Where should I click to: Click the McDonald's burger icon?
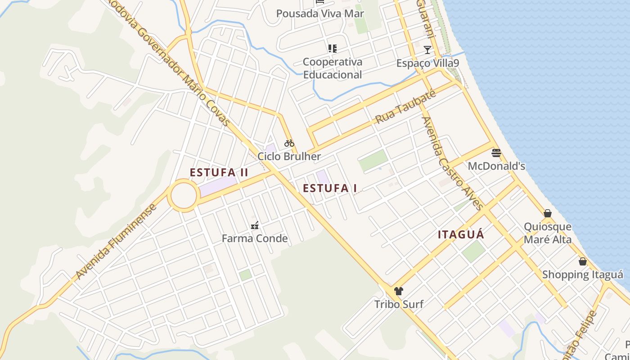pos(496,153)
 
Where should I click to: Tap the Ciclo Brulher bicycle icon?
pos(289,144)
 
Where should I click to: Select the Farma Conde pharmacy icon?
pos(255,225)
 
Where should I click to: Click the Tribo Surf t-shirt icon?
pos(398,291)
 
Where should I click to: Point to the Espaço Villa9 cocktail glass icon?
pos(427,49)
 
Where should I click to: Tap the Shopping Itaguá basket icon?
pos(583,261)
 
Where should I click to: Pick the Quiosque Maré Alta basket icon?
pos(548,213)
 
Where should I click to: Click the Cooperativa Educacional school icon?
pos(333,49)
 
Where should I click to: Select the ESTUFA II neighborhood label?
pos(219,172)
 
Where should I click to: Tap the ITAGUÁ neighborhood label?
pos(461,234)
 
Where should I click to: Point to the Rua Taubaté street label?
pos(406,107)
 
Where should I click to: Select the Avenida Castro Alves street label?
pos(452,163)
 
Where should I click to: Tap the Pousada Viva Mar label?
pos(320,13)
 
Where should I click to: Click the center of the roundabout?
pos(184,195)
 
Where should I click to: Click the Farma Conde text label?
pos(255,238)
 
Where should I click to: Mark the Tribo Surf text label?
pos(399,304)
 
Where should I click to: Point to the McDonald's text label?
pos(496,166)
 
